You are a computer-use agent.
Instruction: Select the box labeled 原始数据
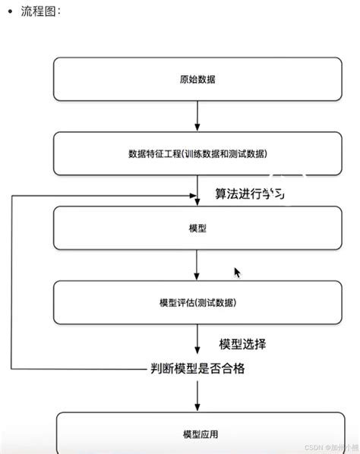tap(197, 79)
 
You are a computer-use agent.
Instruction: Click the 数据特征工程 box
tap(197, 153)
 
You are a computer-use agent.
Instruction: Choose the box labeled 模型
tap(197, 228)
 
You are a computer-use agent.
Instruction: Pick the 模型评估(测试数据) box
tap(197, 302)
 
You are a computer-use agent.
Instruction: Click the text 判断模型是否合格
tap(197, 370)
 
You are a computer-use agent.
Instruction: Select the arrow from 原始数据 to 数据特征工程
tap(197, 115)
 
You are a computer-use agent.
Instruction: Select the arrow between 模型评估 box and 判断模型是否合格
tap(197, 342)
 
